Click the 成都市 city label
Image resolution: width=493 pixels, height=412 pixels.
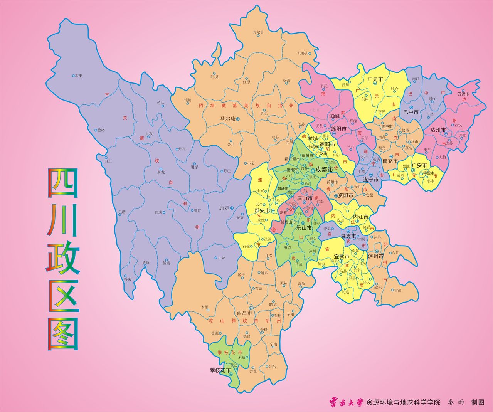point(324,169)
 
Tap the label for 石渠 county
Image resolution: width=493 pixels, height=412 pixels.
point(79,76)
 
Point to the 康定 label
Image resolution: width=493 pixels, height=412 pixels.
point(224,208)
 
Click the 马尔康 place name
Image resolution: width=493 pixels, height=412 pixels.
point(227,119)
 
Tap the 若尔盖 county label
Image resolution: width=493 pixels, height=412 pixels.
point(258,32)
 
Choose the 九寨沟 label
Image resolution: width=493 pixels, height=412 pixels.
point(303,54)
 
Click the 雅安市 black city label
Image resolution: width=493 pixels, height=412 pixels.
point(262,210)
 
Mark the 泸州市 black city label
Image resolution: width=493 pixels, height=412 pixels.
point(375,256)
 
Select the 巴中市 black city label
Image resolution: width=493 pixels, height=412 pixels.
point(411,113)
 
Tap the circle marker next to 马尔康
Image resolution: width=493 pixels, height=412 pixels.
point(238,119)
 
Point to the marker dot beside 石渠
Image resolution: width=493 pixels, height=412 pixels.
point(73,76)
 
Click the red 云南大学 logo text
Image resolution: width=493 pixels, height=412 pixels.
point(346,402)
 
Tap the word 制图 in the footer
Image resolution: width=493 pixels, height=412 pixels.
point(478,402)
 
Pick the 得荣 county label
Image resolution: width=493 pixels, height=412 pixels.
point(128,279)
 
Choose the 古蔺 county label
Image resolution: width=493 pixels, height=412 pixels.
point(397,290)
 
